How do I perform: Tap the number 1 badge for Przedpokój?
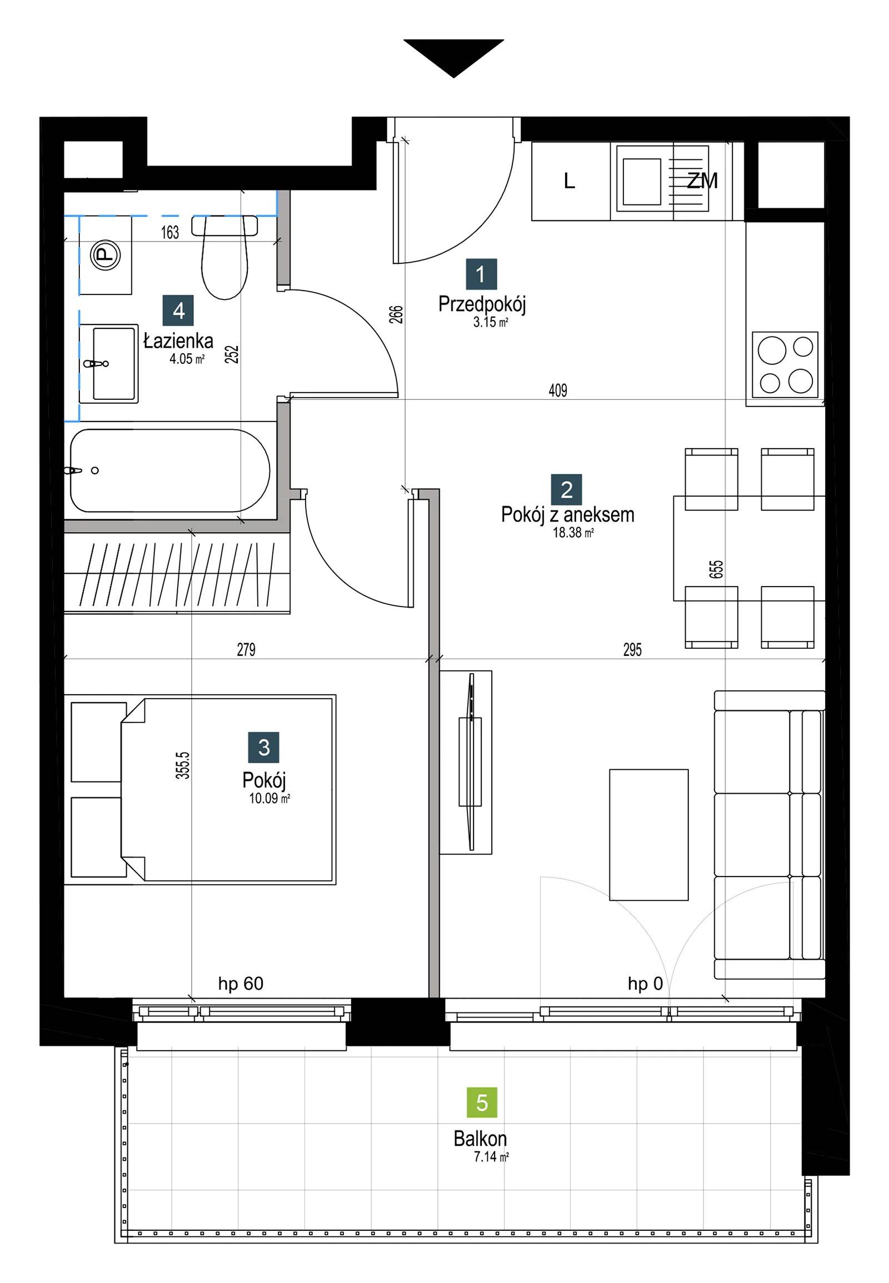[481, 274]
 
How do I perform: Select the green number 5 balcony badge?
[482, 1102]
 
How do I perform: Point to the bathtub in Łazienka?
[170, 470]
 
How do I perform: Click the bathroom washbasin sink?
[108, 364]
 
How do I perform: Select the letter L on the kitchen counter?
[570, 181]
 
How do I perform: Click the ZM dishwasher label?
[702, 181]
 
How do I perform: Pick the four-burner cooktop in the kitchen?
[786, 365]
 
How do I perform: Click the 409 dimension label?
[558, 390]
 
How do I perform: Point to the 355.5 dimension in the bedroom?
[183, 765]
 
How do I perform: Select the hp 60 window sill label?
[241, 984]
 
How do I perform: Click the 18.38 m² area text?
[573, 532]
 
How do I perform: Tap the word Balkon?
[480, 1139]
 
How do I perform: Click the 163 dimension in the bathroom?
[170, 232]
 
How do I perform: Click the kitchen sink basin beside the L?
[642, 181]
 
